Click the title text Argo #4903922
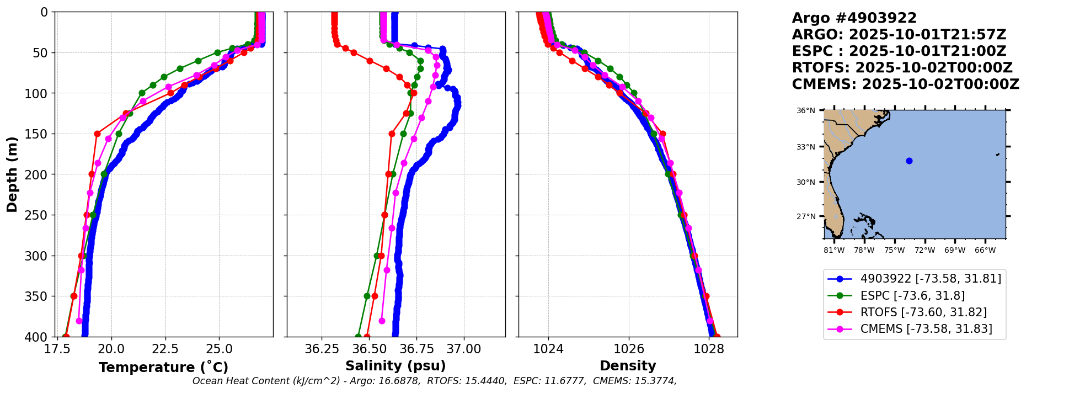point(854,18)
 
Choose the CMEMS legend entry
point(926,329)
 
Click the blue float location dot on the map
point(909,161)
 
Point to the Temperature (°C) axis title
point(163,367)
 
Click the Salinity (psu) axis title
point(395,365)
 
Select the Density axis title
point(628,365)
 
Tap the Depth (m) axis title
point(12,174)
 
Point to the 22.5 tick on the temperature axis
point(165,349)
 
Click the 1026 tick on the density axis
point(629,349)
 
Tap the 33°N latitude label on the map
point(805,147)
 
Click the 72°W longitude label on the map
point(924,250)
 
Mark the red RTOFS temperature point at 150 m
point(97,134)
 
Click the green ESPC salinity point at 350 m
point(367,296)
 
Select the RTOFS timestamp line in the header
point(902,68)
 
